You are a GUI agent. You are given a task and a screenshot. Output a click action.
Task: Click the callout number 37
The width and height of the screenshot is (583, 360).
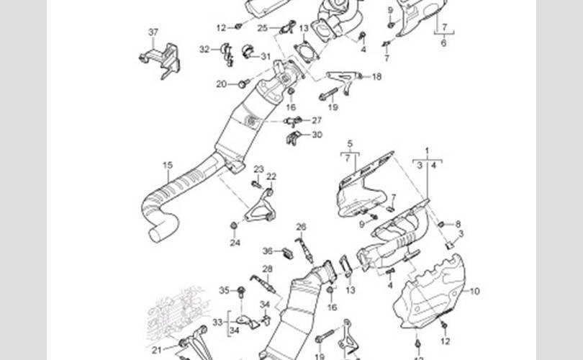click(153, 32)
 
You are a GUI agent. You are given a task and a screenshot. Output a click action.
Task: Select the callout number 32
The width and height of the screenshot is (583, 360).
click(204, 50)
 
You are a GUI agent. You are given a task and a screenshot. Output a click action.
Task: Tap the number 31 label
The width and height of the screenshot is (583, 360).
click(266, 56)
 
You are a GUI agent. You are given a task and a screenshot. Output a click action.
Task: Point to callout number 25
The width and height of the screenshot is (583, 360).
click(263, 28)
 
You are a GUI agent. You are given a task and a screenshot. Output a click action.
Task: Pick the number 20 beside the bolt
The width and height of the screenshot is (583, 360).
click(221, 84)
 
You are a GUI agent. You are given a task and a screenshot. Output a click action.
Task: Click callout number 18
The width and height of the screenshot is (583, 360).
click(376, 76)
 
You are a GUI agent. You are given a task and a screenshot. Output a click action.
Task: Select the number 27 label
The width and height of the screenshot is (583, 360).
click(317, 120)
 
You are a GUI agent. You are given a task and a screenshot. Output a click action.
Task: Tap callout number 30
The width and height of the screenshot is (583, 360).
click(317, 135)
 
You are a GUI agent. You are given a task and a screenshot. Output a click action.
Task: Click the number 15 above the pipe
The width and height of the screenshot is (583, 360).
click(168, 166)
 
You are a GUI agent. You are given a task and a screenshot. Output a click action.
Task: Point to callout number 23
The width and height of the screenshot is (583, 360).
click(258, 169)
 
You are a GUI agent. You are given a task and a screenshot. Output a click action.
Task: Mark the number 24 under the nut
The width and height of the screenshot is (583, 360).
click(235, 243)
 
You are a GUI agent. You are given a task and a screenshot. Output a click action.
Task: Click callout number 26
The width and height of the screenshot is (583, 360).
click(301, 227)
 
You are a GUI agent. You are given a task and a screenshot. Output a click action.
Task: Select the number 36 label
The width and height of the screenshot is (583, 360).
click(267, 251)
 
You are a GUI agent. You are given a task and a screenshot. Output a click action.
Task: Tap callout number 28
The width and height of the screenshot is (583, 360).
click(267, 269)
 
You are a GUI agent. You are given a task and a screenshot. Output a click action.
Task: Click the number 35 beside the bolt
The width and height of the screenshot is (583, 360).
click(224, 291)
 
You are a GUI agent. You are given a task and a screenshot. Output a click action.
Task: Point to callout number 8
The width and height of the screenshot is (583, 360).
click(458, 225)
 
